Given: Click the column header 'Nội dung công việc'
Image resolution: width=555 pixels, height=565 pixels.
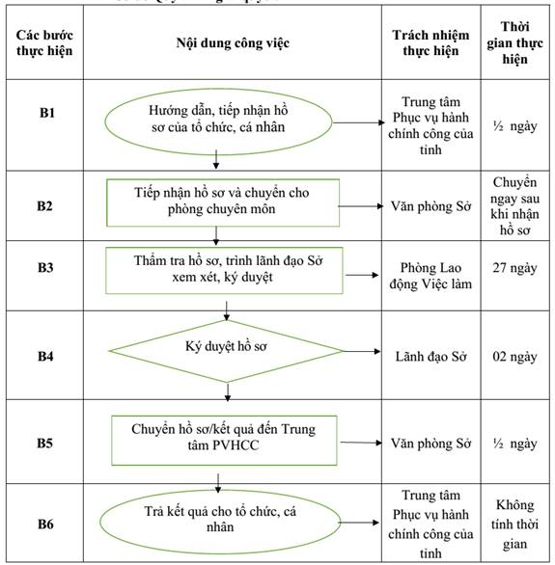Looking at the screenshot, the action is [233, 43].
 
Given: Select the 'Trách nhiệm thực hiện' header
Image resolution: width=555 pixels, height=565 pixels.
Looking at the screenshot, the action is [430, 42].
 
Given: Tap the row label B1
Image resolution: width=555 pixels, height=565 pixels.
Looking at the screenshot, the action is [47, 113].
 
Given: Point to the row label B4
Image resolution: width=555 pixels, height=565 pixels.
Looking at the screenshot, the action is [45, 357].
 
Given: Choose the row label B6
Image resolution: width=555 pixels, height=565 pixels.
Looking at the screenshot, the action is [45, 524].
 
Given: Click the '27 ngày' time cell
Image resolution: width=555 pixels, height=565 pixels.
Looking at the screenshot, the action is [514, 268].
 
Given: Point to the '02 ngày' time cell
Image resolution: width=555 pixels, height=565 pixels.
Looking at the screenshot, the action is [514, 357].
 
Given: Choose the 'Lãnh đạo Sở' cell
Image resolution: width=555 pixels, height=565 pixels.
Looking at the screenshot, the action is [430, 357].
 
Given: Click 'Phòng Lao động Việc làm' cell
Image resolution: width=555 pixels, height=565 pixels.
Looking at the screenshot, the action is [430, 276].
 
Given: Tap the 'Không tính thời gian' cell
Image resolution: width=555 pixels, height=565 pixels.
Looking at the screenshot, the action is [514, 525].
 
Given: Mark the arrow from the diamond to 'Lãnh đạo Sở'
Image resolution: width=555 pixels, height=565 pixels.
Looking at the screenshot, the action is [362, 351].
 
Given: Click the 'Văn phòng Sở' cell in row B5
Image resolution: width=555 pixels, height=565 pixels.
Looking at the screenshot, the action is [430, 444].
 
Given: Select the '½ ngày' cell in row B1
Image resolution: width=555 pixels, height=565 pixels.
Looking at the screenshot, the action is [514, 126].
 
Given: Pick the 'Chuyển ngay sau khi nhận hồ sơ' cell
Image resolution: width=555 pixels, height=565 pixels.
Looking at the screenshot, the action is [514, 206].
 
